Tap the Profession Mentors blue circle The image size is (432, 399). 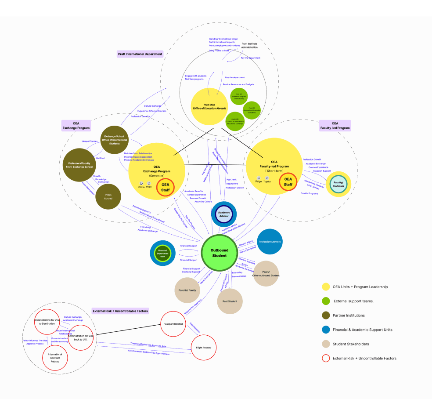[270, 242]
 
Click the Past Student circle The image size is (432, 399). [230, 301]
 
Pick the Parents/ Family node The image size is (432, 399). [187, 290]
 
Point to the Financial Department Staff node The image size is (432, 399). [163, 253]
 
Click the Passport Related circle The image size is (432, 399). [173, 324]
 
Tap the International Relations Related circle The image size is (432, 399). [55, 358]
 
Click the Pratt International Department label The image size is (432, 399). [140, 54]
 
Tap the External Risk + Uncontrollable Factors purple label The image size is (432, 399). [120, 311]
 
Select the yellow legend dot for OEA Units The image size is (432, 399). [326, 287]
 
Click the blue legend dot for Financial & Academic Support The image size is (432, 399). [326, 330]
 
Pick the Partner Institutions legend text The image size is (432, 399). [349, 316]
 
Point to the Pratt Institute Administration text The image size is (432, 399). [249, 45]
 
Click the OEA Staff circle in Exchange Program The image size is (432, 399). [166, 187]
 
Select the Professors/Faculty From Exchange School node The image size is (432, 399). [79, 165]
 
